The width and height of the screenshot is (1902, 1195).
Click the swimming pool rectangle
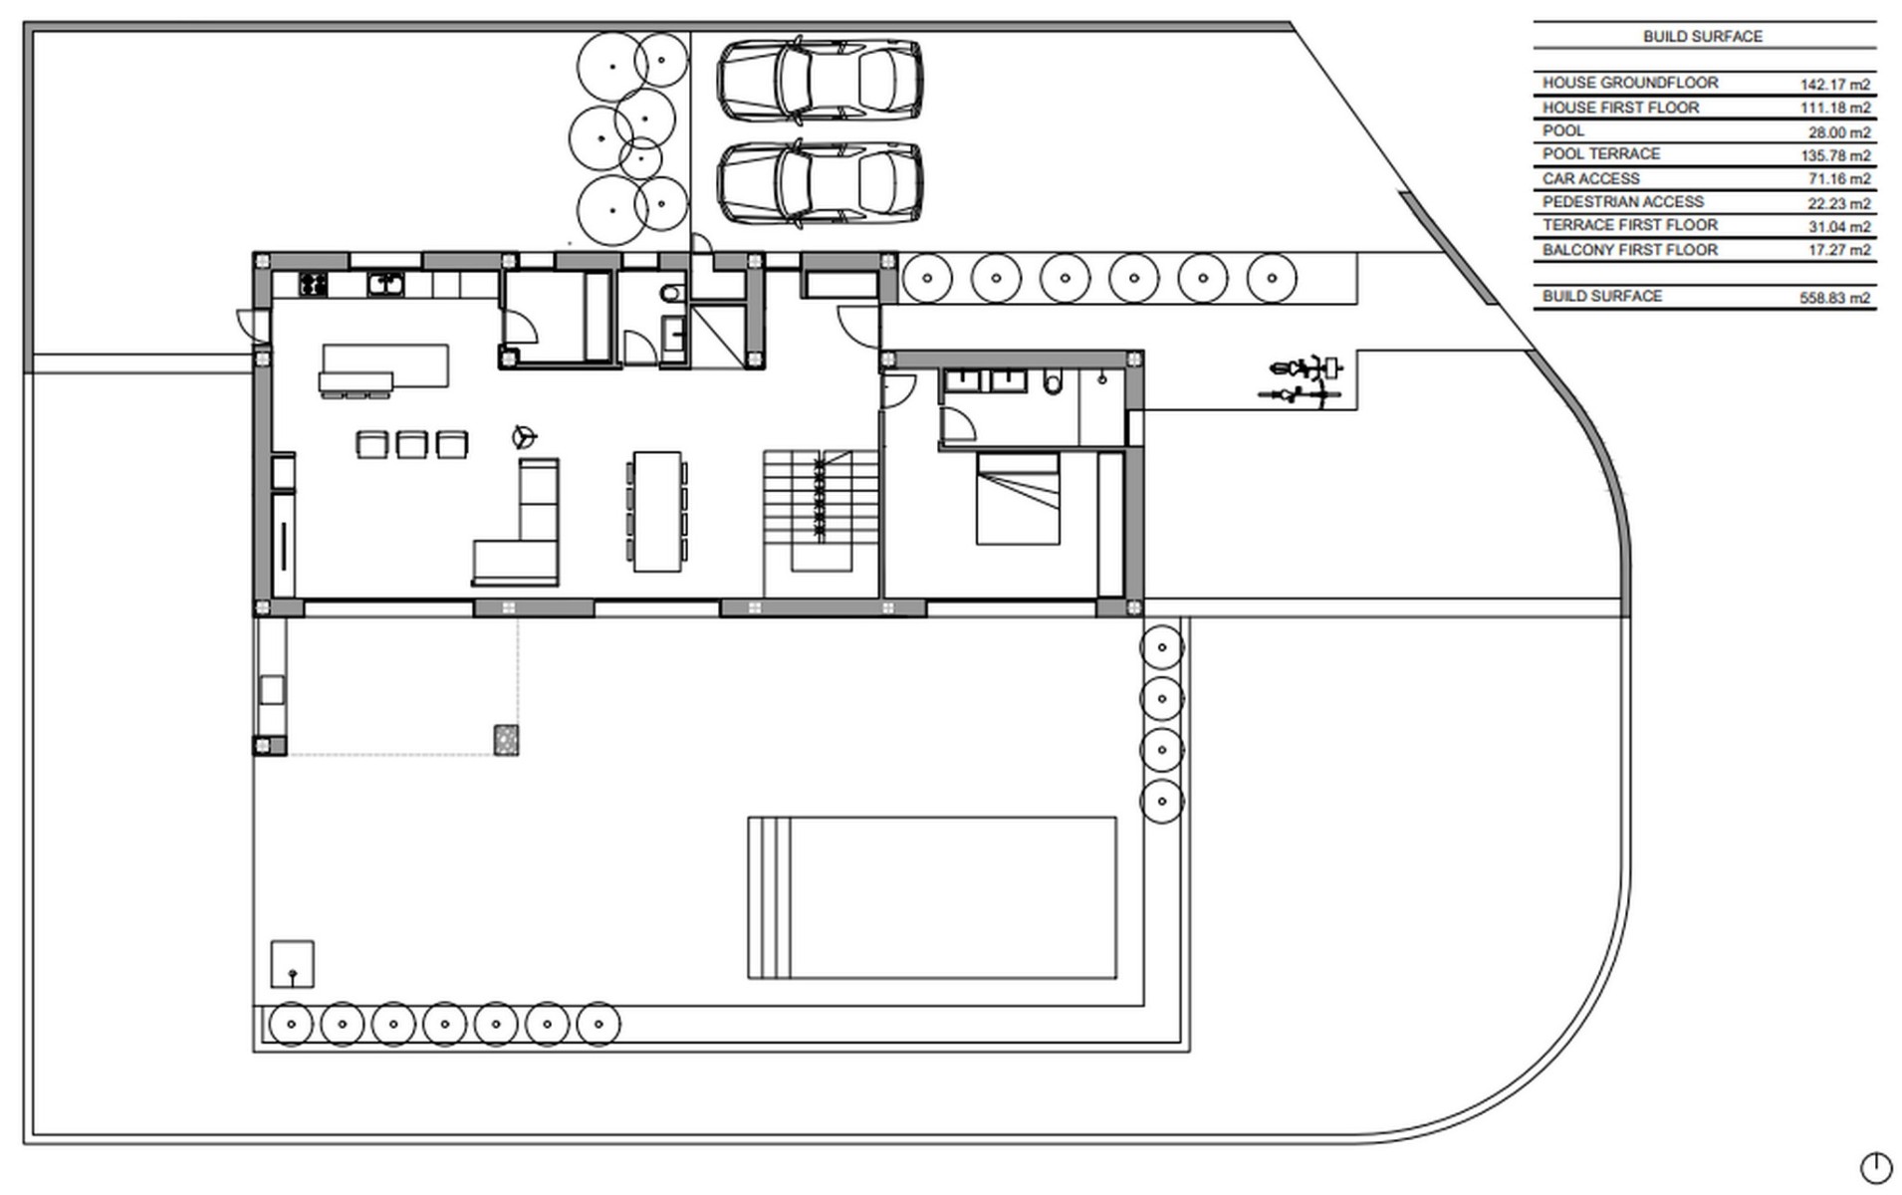931,897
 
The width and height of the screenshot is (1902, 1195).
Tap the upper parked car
819,80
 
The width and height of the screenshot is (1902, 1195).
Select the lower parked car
819,183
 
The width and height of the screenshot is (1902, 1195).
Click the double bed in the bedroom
1017,498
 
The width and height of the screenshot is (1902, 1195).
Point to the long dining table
656,511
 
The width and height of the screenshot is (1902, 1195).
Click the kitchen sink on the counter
385,285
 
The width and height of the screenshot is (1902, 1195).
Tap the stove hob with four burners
314,285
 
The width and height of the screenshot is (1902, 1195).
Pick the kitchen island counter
384,366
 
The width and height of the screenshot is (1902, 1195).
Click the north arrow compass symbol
1875,1167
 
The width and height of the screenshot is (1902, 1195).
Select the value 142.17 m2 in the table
1834,85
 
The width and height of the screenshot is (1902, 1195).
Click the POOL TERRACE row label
1600,154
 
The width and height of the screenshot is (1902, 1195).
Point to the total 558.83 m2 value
1834,298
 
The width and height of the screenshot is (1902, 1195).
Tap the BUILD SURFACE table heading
1702,37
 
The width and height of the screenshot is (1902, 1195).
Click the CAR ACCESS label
1590,179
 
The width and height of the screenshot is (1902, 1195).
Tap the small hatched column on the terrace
506,739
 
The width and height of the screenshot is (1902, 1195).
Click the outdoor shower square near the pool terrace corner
292,964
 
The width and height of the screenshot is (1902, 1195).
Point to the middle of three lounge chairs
411,444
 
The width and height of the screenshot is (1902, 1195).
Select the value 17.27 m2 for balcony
1838,251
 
